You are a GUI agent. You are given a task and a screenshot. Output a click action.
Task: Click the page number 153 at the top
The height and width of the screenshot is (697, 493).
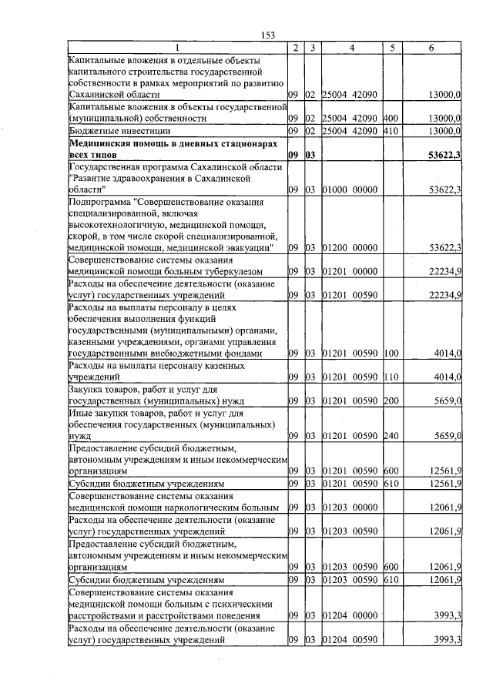[x=268, y=35]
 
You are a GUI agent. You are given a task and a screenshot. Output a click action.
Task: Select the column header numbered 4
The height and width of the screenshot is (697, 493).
[x=350, y=49]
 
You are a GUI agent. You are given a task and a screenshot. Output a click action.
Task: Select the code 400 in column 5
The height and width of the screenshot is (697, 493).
[x=389, y=119]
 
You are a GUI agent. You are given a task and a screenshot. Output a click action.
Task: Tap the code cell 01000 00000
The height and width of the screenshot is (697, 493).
[x=349, y=189]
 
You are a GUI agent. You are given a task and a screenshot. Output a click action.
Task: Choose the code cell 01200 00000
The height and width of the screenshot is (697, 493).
[x=349, y=247]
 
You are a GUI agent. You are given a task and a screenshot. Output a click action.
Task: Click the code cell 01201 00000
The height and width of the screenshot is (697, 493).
[x=349, y=272]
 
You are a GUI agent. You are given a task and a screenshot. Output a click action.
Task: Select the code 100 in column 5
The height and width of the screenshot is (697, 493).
[x=389, y=354]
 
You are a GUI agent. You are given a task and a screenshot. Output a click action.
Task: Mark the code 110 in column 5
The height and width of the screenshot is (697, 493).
[x=389, y=378]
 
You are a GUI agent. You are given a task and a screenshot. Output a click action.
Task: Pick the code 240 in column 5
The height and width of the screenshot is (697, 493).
[x=389, y=436]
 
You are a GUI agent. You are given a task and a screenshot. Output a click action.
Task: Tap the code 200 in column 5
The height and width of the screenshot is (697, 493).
[x=389, y=402]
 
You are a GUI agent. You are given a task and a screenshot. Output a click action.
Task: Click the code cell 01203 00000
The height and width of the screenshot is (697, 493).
[x=349, y=508]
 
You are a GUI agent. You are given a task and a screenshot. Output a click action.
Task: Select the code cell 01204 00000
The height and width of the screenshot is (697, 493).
[x=349, y=615]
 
